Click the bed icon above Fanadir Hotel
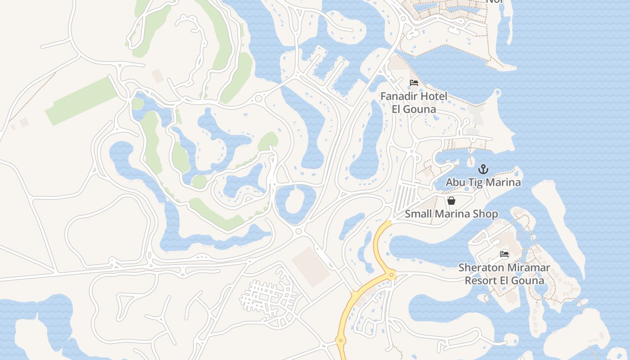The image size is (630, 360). pos(414,83)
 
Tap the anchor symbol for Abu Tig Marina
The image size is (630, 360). pos(483,170)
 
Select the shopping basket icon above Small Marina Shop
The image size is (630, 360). pos(451,201)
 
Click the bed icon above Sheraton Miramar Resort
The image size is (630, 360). pos(504,254)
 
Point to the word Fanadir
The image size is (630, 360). pos(399,96)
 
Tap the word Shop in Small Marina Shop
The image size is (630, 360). pos(486,214)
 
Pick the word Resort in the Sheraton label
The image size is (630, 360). pos(481,281)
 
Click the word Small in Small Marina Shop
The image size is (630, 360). pos(418,214)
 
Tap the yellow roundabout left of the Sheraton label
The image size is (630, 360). pos(392,274)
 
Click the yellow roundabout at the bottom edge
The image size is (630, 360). pos(341,341)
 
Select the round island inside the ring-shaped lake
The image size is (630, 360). pos(295,200)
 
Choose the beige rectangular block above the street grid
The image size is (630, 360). pos(311,266)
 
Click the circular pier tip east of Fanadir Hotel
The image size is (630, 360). pos(497,93)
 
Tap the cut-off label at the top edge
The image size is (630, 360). pos(494,2)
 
